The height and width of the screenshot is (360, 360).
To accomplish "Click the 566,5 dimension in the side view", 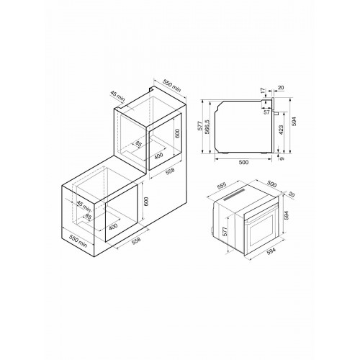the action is point(207,127).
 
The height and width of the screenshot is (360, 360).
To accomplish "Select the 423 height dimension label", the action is point(281,130).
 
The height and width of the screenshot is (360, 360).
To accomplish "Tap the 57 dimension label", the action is point(267,112).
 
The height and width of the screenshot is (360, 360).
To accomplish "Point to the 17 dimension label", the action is point(264,91).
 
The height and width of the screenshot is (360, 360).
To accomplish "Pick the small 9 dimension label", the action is point(282,158).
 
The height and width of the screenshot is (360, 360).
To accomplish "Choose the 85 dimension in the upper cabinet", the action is point(138,143).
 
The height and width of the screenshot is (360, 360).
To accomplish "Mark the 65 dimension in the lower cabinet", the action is point(89,217).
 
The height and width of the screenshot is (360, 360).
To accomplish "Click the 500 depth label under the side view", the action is point(243,163).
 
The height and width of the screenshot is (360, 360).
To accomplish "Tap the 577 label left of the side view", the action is point(200,126).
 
